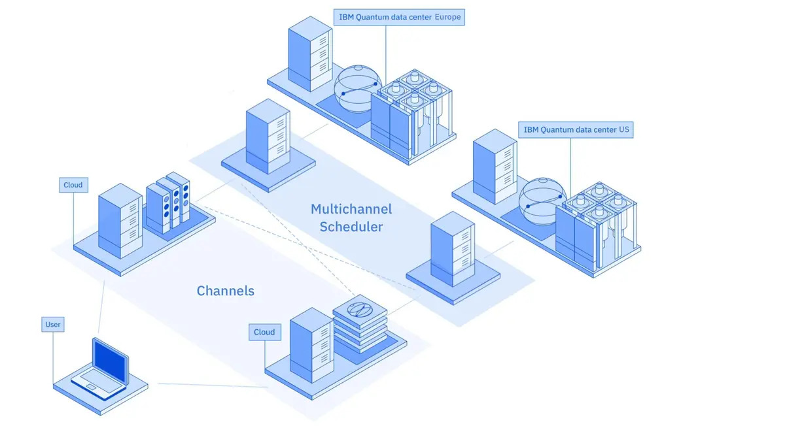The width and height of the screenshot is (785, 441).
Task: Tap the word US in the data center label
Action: coord(624,130)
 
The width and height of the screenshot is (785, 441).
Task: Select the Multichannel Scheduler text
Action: coord(351,218)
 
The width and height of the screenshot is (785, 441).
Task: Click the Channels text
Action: coord(225,291)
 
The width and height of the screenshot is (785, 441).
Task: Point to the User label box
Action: coord(53,324)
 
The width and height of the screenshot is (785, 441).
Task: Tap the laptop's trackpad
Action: coord(92,388)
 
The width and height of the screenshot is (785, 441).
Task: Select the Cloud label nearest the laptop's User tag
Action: coord(73,185)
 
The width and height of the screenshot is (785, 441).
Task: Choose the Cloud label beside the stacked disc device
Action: coord(264,332)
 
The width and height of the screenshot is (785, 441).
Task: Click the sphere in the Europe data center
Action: coord(357,90)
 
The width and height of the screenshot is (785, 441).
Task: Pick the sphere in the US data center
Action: coord(541,200)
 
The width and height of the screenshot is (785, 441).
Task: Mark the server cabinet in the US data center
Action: coord(495,167)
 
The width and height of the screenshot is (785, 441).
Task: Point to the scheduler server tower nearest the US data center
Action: coord(451,249)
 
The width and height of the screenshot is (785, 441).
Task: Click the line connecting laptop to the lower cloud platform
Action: coord(209,385)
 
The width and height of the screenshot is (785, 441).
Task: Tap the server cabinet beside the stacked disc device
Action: coord(311,344)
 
